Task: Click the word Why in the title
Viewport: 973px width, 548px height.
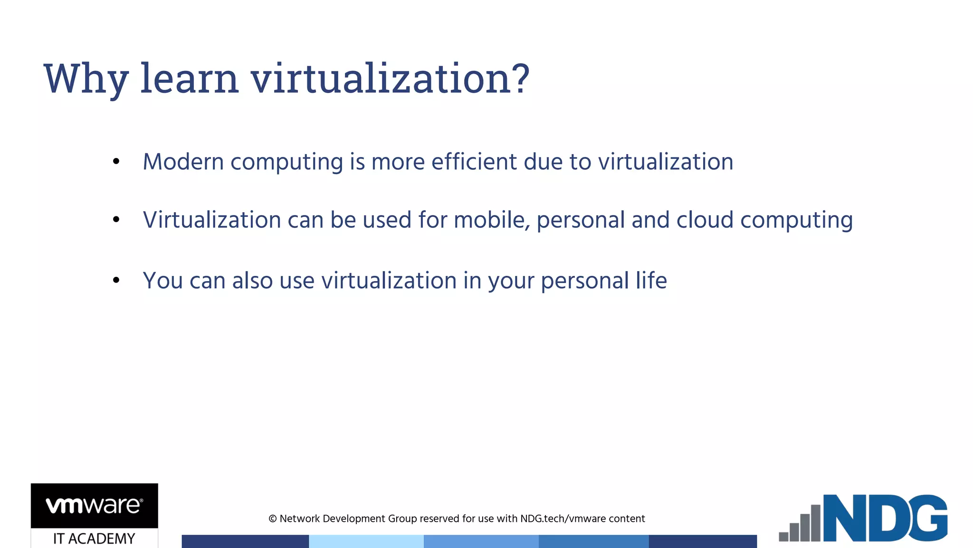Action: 86,79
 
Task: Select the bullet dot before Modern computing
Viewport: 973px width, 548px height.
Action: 116,162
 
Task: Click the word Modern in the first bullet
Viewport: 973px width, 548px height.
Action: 183,162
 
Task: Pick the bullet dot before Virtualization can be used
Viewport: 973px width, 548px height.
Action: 116,219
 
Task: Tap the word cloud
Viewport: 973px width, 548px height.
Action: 705,220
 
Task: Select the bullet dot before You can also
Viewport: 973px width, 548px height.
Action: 116,280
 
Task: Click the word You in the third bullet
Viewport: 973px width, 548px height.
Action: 162,281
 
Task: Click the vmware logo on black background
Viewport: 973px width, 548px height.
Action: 94,505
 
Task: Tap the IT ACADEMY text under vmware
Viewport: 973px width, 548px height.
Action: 94,538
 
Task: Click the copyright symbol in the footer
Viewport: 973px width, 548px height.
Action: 273,519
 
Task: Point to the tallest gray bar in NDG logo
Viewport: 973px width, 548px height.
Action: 815,523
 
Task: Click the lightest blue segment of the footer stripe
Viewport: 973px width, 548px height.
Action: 366,541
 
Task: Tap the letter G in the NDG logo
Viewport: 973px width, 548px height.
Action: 926,518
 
